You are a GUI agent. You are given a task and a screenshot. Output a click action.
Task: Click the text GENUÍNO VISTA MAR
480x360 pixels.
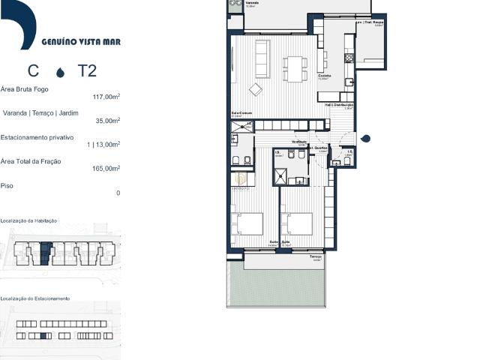coord(81,42)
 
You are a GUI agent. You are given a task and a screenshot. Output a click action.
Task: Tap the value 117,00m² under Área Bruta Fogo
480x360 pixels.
coord(106,97)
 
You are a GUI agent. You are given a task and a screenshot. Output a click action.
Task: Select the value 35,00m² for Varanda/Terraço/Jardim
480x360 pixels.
coord(108,120)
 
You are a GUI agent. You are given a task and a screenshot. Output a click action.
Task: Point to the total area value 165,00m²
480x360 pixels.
coord(106,169)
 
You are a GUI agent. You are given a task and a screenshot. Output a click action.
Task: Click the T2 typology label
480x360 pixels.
coord(87,72)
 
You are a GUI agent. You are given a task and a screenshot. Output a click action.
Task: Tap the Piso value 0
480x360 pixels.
coord(118,193)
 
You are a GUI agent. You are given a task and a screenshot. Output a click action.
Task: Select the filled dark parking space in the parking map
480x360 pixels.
coord(43,335)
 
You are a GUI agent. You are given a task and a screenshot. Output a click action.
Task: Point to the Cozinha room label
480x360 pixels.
coord(325,75)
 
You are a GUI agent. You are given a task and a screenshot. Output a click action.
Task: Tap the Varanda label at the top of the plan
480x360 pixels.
coord(251,2)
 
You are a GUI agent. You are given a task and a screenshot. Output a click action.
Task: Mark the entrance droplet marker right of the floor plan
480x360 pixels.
coord(365,138)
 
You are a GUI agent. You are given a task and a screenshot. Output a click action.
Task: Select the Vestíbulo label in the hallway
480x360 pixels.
coord(300,142)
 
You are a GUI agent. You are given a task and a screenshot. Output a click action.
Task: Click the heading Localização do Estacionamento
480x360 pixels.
coord(35,298)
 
